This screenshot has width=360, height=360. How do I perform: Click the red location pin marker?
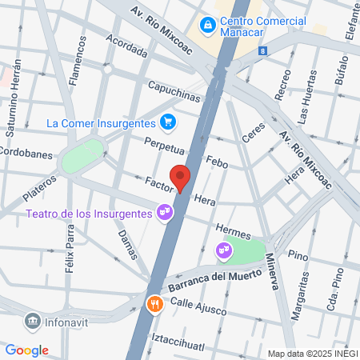pyautogui.click(x=181, y=178)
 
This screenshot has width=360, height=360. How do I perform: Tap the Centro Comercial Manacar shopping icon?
pyautogui.click(x=208, y=26)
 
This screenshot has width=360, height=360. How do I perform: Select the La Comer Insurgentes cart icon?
pyautogui.click(x=167, y=122)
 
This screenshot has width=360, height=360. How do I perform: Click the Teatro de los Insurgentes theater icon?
pyautogui.click(x=164, y=213)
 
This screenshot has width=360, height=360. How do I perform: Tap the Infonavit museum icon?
pyautogui.click(x=32, y=321)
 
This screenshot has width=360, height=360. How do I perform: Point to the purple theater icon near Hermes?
pyautogui.click(x=223, y=251)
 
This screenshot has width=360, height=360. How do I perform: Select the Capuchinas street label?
pyautogui.click(x=173, y=90)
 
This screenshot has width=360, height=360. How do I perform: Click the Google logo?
pyautogui.click(x=26, y=350)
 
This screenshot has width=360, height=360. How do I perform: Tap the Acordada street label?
pyautogui.click(x=126, y=49)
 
